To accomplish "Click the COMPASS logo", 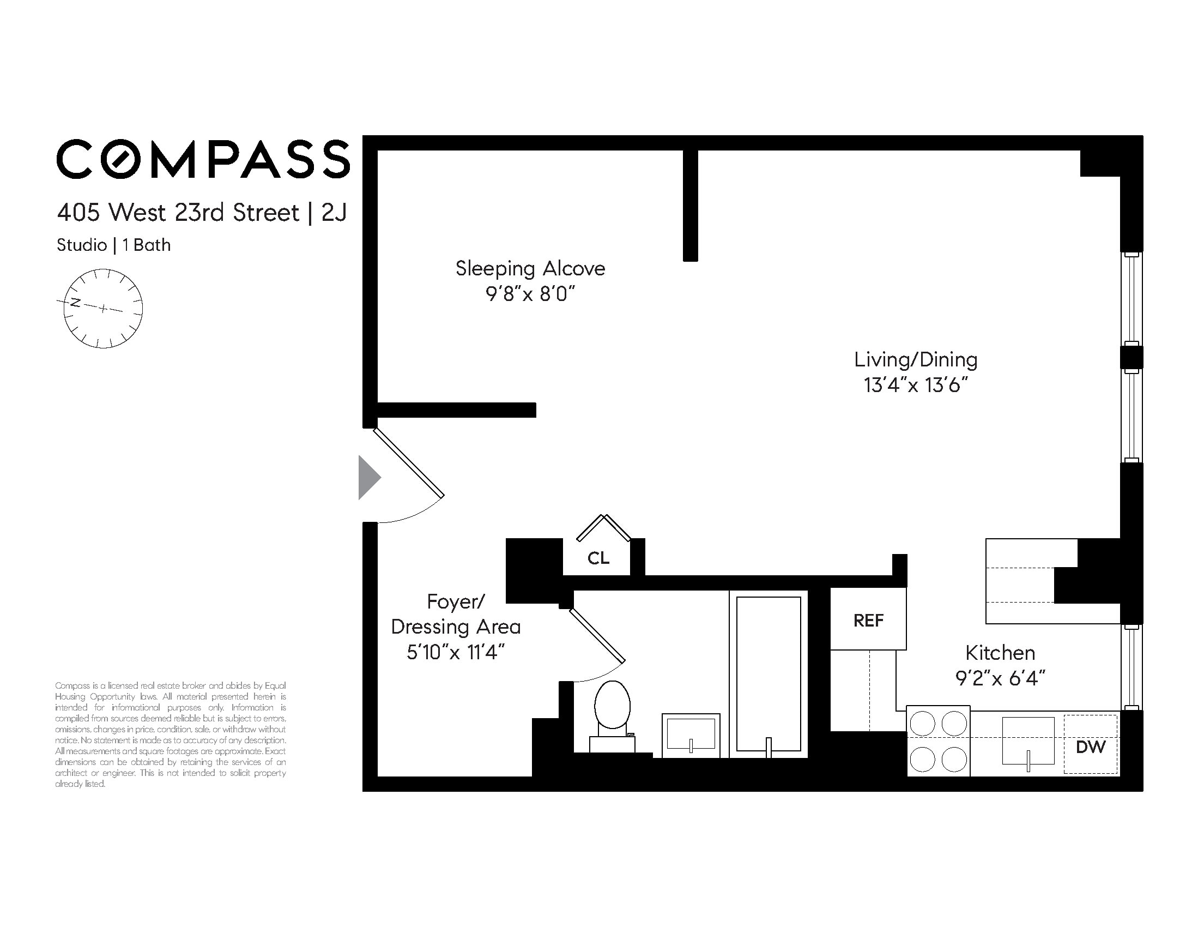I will coord(203,159).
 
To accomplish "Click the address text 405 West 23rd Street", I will coord(178,213).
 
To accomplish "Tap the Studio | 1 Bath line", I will coord(113,245).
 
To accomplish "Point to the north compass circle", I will coord(103,309).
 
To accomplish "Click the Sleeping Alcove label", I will coord(530,268).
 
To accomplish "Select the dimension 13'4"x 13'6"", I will coord(915,386).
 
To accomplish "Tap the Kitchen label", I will coord(1000,653).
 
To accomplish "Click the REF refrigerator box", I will coord(868,620).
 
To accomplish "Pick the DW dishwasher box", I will coord(1090,746).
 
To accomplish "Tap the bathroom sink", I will coord(691,735).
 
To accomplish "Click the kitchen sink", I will coord(1028,741).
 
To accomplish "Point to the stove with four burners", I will coord(938,741).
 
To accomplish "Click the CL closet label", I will coord(598,559).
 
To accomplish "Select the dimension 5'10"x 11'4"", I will coord(455,653).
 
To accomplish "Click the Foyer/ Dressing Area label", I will coord(455,615).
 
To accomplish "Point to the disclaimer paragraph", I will coord(170,735).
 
